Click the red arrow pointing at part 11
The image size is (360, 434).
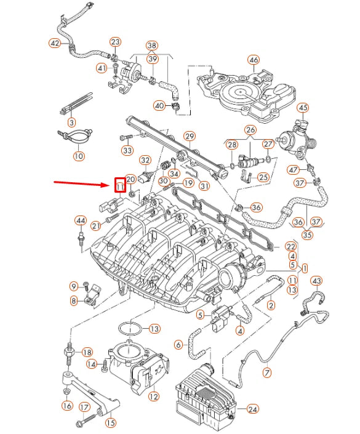pyautogui.click(x=80, y=182)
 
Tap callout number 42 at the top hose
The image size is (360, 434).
pyautogui.click(x=55, y=43)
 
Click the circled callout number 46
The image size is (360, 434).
pyautogui.click(x=254, y=60)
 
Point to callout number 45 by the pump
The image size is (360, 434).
pyautogui.click(x=303, y=108)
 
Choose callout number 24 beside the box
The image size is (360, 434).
pyautogui.click(x=252, y=409)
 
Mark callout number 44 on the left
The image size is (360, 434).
pyautogui.click(x=80, y=220)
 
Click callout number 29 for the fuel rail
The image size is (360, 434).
pyautogui.click(x=189, y=136)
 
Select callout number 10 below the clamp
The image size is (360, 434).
pyautogui.click(x=78, y=156)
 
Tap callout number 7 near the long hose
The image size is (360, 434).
pyautogui.click(x=266, y=372)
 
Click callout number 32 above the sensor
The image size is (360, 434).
pyautogui.click(x=145, y=160)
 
